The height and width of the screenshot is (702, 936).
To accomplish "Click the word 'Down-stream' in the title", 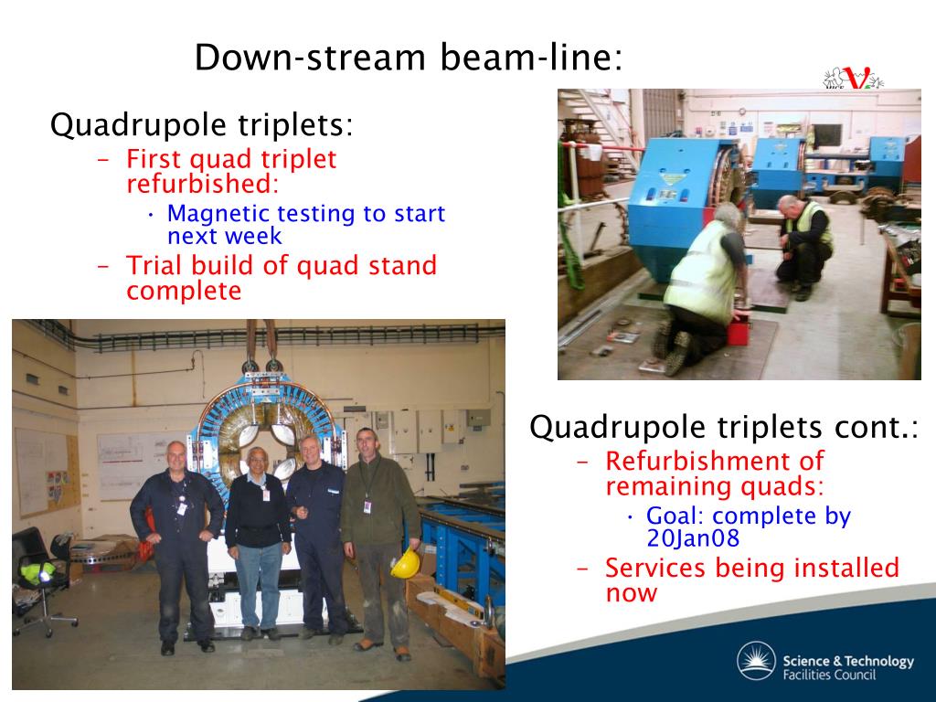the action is point(310,58).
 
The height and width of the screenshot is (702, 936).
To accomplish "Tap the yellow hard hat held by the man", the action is point(406,563).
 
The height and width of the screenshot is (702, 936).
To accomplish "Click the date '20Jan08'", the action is point(693,538).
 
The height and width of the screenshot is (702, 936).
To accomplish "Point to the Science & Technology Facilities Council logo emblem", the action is point(756,661).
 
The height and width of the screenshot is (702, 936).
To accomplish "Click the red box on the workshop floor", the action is point(739,331).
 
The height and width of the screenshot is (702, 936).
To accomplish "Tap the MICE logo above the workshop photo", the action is point(853,79).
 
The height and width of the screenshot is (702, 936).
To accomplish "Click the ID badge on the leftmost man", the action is point(182,508).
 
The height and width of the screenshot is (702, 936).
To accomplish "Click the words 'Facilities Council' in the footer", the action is point(829,675).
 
